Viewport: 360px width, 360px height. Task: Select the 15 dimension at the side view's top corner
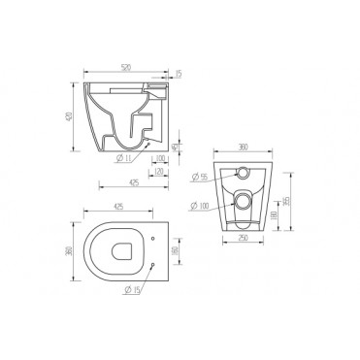pos(179,73)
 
